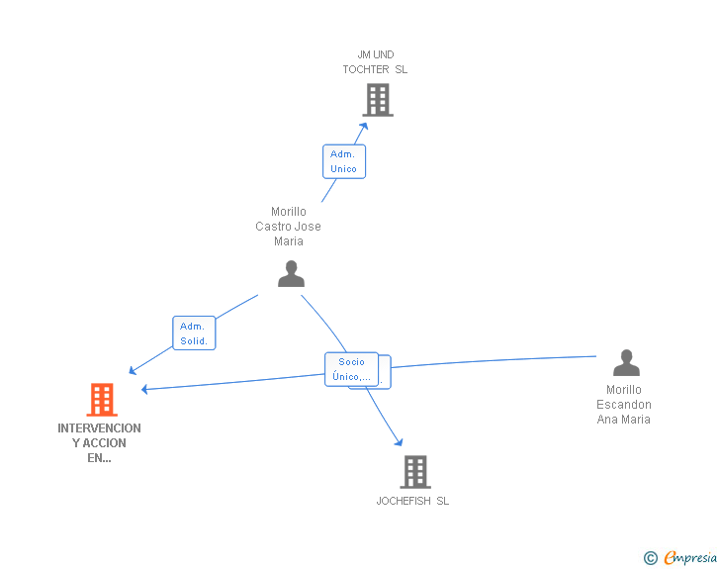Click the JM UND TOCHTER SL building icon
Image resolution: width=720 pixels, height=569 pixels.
377,100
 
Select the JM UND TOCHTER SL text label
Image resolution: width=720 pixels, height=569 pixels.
375,62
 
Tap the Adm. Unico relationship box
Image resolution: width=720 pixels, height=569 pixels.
344,161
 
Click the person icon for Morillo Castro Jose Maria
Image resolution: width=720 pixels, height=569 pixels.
291,273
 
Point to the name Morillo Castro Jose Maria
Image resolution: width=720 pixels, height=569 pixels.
288,227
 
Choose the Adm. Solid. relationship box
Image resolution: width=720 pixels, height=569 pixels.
194,333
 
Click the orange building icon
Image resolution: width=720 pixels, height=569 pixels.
101,400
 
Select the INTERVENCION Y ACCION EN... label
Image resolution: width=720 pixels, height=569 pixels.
99,443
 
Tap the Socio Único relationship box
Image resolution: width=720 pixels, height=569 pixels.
352,369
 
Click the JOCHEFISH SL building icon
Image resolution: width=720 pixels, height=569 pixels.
415,472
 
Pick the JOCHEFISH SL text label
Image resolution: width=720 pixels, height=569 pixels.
412,501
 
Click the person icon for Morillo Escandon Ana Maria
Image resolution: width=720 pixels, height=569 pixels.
625,363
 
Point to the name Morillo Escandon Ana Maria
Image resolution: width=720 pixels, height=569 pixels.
624,405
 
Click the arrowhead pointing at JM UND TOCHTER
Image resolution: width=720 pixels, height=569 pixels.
364,125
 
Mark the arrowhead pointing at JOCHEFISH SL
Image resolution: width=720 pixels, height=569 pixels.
399,442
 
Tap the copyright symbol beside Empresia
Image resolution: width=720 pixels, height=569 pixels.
651,558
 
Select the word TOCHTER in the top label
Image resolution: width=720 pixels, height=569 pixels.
366,69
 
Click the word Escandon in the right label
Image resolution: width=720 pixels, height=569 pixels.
624,405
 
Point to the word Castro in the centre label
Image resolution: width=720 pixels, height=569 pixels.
274,227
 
